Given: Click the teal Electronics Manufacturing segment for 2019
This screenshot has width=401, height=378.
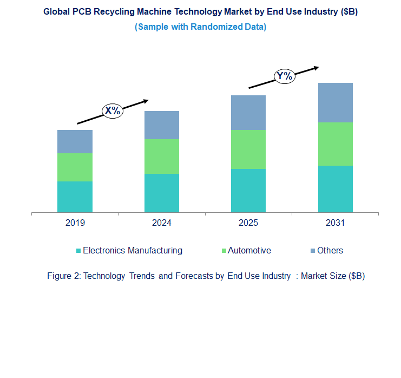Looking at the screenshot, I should pos(75,197).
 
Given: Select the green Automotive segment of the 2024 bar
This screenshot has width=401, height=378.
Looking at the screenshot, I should pos(161,157).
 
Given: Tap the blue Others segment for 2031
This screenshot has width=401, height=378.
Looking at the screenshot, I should pos(335,102).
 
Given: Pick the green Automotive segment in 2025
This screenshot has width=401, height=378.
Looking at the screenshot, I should pos(248,149).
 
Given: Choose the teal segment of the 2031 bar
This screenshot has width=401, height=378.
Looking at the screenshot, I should pos(335,188).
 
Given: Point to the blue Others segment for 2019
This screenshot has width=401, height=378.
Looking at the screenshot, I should pos(75,141).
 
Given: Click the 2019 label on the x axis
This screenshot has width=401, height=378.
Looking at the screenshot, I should pos(75,223).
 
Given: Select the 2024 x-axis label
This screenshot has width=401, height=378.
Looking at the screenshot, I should pos(161,223).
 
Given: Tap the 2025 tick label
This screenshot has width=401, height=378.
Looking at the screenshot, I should pos(248,223).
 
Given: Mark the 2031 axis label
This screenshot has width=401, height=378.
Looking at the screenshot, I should pos(335,223).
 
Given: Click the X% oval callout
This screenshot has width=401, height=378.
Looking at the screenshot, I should pos(113,111).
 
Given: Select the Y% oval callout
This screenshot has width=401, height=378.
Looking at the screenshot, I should pos(285,76).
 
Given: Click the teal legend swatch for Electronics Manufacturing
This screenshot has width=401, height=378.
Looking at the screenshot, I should pos(78,251).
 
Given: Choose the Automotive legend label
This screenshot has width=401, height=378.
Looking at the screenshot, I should pos(249,250).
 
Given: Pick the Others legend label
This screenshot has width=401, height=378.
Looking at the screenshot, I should pos(330,250).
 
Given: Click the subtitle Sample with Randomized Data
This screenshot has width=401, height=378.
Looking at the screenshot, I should pos(200,27).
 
